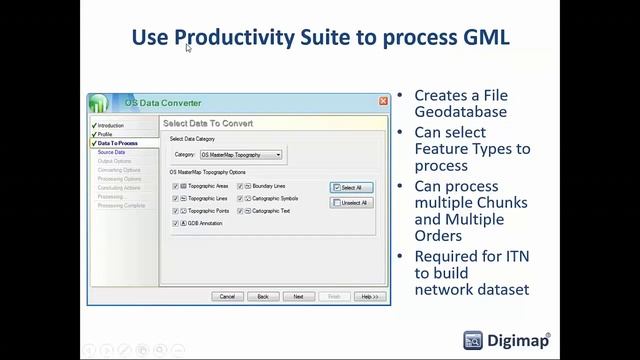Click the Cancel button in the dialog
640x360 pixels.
[x=227, y=296]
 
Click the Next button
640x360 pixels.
[x=298, y=296]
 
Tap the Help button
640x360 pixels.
[x=368, y=296]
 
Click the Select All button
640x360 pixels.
[x=351, y=187]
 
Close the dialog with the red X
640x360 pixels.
[x=383, y=102]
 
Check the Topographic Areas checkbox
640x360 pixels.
[x=175, y=186]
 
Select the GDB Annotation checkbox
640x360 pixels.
[x=175, y=223]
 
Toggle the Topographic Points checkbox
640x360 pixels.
[x=175, y=211]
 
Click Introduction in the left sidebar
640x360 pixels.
[x=111, y=126]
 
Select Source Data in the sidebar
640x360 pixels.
[x=112, y=152]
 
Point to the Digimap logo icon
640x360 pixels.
[x=474, y=340]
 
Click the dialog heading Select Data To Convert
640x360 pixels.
[x=208, y=123]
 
